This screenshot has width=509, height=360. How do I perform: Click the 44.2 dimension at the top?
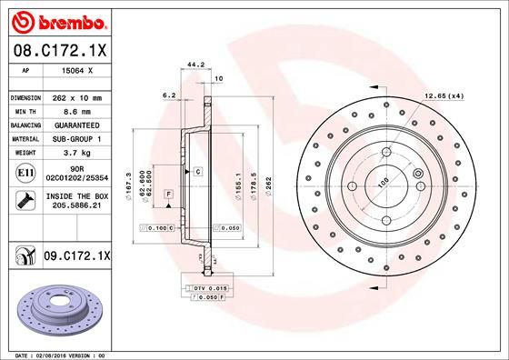[x=193, y=65]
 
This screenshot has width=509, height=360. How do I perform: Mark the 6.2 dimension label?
[x=168, y=94]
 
